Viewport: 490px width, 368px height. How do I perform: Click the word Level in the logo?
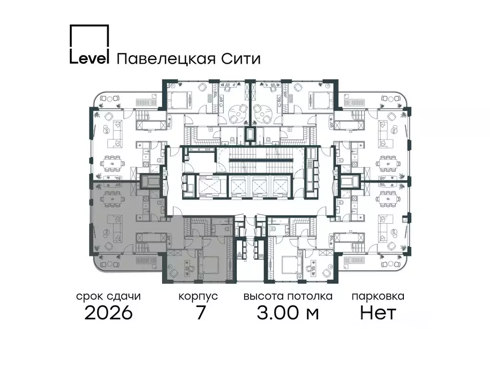(x=90, y=58)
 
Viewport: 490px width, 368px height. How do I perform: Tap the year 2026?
(x=109, y=313)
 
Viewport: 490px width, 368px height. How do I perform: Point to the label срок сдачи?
(x=109, y=296)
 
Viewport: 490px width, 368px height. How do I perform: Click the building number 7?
(x=201, y=313)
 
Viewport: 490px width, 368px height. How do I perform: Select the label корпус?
(x=198, y=297)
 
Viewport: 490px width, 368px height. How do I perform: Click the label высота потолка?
(x=288, y=296)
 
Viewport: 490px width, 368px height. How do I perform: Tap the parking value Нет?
(x=378, y=313)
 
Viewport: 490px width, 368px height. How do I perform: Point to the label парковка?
(x=378, y=296)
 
